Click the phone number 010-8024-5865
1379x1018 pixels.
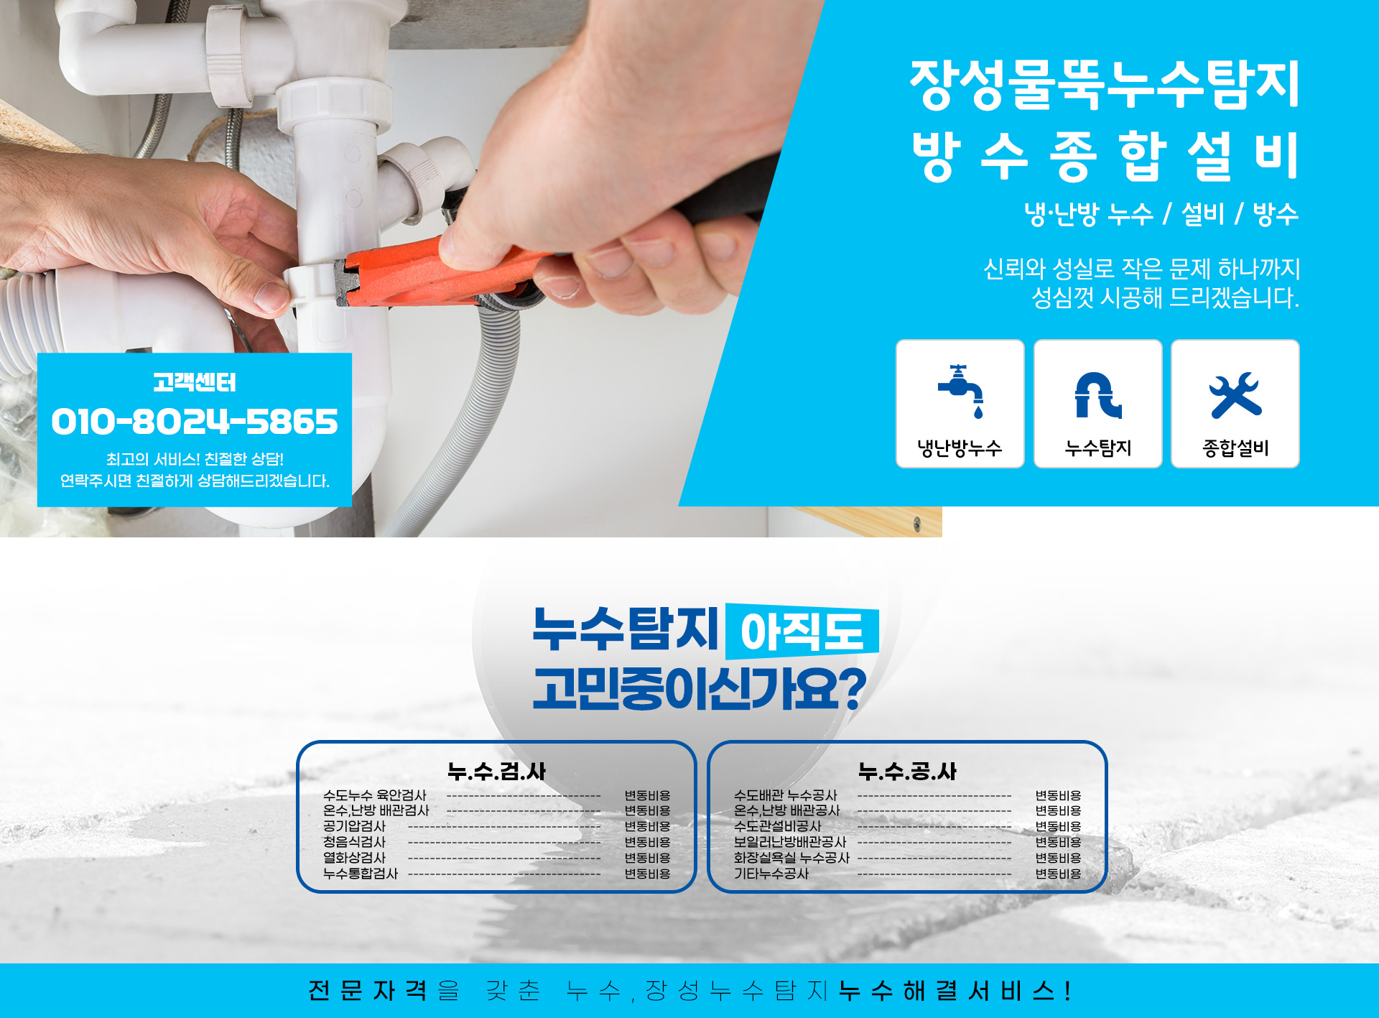pos(194,421)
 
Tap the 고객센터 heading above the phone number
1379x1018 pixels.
pos(194,382)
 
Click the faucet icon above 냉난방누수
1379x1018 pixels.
pos(961,392)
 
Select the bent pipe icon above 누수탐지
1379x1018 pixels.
pos(1097,394)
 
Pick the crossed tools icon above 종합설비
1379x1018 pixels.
pos(1235,394)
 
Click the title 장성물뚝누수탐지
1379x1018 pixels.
pos(1105,85)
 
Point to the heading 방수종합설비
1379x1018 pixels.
pos(1105,156)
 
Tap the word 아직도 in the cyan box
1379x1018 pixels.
pos(802,632)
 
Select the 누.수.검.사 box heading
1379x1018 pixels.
pos(496,771)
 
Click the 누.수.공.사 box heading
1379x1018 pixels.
pos(907,771)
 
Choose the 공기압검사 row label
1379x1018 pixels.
pos(354,826)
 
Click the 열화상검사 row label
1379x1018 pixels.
pos(354,858)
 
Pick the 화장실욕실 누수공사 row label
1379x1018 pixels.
pos(791,858)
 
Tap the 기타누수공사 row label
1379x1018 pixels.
pos(771,874)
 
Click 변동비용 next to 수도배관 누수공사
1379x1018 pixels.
pos(1057,795)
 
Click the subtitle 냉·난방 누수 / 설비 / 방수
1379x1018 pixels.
pos(1161,213)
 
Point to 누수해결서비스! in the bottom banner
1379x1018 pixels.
pos(955,991)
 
